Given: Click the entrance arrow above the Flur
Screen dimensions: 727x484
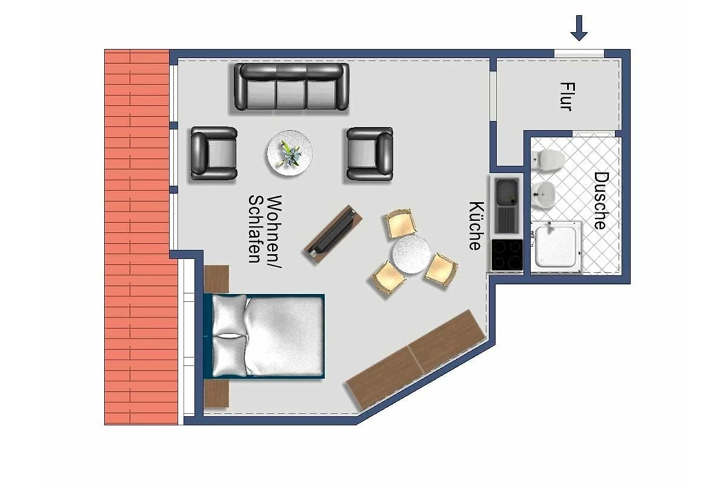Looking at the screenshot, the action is pyautogui.click(x=579, y=28).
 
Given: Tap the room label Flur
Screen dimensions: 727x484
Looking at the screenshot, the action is pyautogui.click(x=568, y=97).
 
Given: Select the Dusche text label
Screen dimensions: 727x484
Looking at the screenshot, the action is pyautogui.click(x=602, y=201).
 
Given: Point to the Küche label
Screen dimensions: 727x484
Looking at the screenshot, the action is pyautogui.click(x=476, y=226).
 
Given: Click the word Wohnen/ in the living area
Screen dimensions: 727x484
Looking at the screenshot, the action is pyautogui.click(x=274, y=232).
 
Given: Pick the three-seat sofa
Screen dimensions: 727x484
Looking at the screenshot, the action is pyautogui.click(x=291, y=87).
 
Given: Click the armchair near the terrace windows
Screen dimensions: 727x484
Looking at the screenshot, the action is pyautogui.click(x=214, y=153).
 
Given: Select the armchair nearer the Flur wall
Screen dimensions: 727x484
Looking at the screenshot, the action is pyautogui.click(x=370, y=154).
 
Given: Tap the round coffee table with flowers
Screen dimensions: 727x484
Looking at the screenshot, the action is pyautogui.click(x=290, y=153).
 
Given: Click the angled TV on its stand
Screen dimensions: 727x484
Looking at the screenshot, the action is pyautogui.click(x=333, y=234).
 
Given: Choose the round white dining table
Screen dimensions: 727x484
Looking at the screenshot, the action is pyautogui.click(x=411, y=255).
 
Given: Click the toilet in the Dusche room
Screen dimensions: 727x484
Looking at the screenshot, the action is pyautogui.click(x=548, y=159).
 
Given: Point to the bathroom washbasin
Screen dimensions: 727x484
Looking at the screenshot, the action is pyautogui.click(x=543, y=195).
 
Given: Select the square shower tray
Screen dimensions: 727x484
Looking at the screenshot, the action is pyautogui.click(x=556, y=247).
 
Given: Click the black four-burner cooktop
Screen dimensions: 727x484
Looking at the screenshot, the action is pyautogui.click(x=507, y=255).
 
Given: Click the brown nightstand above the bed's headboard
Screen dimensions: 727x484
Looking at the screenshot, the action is pyautogui.click(x=216, y=279).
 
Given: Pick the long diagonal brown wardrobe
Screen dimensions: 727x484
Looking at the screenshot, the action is pyautogui.click(x=416, y=360).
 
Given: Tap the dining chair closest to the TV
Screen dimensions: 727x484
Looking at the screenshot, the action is pyautogui.click(x=401, y=224).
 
